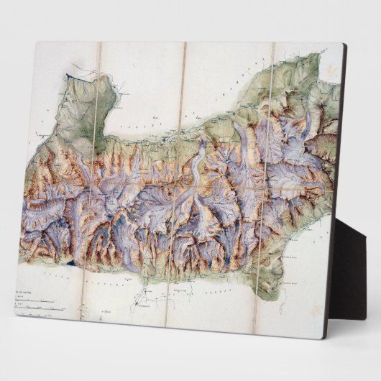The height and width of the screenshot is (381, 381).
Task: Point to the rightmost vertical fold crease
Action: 269,180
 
